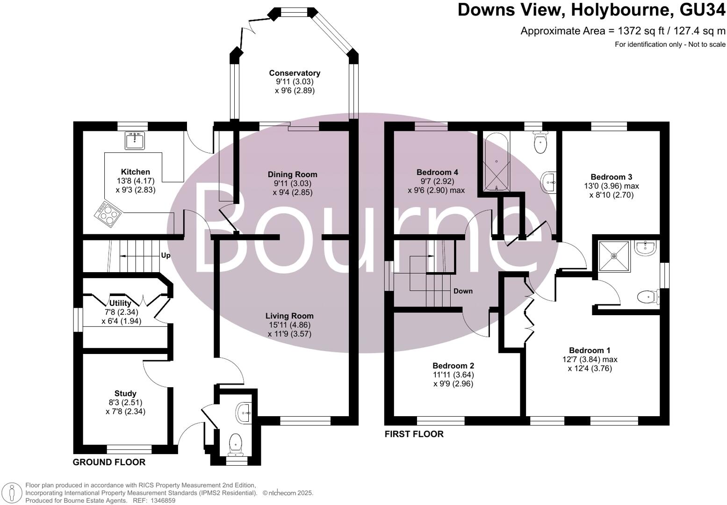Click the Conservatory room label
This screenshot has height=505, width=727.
[x=295, y=73]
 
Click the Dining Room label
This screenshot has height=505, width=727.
[x=292, y=174]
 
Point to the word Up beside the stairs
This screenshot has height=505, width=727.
[x=166, y=256]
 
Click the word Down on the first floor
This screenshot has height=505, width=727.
[x=463, y=291]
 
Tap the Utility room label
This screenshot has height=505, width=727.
[x=120, y=303]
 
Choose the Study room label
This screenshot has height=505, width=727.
[x=125, y=393]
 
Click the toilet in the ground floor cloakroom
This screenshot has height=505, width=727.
[x=235, y=443]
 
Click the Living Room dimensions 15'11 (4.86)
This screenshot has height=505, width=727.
[x=289, y=325]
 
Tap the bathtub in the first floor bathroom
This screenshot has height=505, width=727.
[x=497, y=162]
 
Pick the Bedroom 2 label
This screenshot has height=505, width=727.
[x=453, y=366]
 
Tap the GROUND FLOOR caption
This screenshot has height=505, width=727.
[x=109, y=462]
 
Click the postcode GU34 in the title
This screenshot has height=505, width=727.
[x=698, y=10]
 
